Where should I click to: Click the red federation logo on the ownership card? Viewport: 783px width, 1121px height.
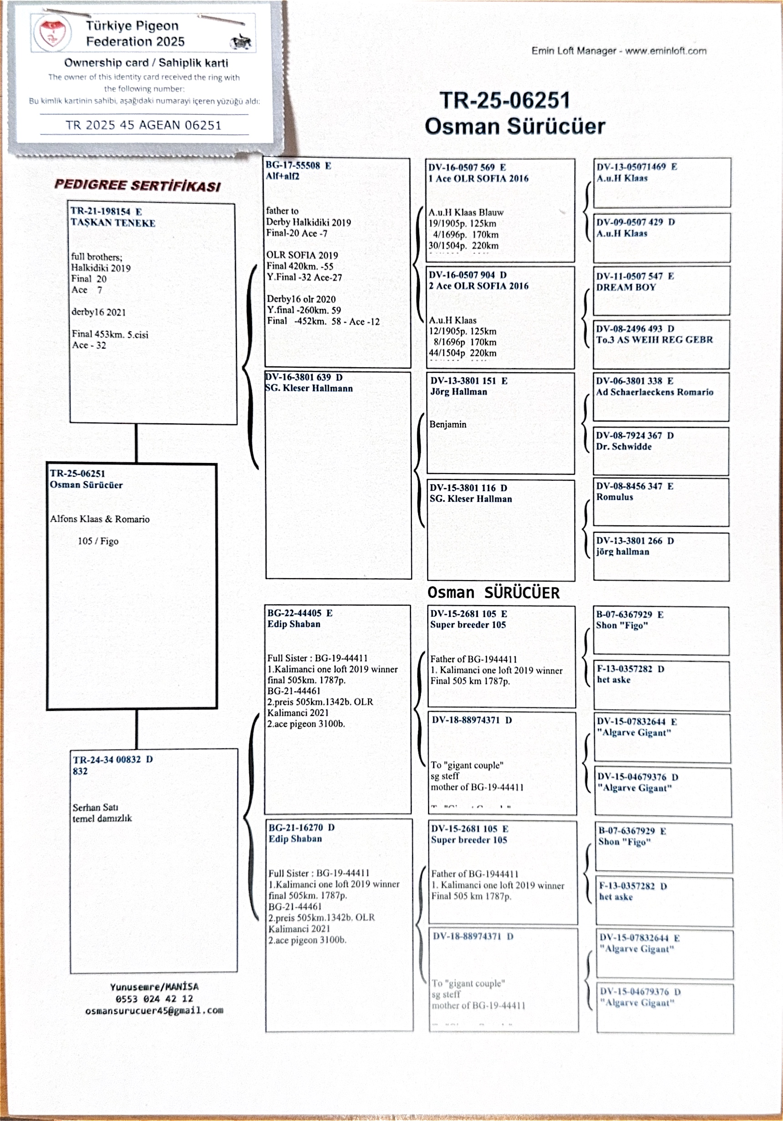[52, 33]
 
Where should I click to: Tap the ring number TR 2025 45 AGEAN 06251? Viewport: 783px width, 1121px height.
[143, 125]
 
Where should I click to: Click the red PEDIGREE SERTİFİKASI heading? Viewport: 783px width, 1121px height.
[138, 185]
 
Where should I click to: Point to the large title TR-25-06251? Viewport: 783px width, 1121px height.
[505, 101]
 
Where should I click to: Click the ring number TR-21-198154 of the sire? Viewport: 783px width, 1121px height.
[101, 211]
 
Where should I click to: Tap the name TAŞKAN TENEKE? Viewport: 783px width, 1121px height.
[113, 223]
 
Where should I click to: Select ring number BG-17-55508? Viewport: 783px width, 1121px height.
[293, 165]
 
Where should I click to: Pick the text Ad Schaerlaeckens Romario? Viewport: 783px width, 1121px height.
[655, 392]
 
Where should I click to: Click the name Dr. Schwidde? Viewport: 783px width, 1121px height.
[624, 446]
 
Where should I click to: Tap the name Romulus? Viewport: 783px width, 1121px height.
[614, 497]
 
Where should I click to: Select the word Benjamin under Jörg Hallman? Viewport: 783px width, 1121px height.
[448, 424]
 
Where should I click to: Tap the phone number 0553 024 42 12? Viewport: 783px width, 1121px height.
[154, 999]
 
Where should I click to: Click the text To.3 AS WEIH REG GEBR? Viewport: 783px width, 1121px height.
[654, 339]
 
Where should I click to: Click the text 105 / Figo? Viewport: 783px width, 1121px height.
[98, 541]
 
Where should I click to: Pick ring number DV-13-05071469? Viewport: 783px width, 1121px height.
[631, 166]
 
